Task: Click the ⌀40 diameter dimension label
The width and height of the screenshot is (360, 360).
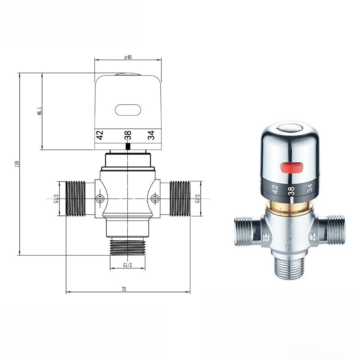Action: point(128,57)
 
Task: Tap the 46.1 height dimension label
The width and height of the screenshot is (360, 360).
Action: point(40,111)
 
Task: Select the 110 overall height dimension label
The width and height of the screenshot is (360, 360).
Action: point(17,164)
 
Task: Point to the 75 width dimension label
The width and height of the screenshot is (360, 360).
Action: point(124,289)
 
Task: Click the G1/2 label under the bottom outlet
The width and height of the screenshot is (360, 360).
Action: point(128,265)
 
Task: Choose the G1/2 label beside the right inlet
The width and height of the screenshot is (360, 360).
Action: point(198,198)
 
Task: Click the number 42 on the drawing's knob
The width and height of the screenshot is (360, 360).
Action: point(99,135)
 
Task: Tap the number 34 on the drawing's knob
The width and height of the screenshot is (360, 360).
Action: point(151,135)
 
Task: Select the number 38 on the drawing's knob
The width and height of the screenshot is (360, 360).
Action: point(128,135)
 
